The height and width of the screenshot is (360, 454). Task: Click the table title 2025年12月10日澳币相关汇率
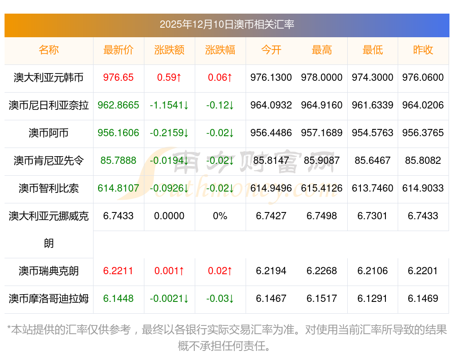coord(227,24)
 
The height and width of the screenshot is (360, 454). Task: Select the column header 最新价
coord(118,50)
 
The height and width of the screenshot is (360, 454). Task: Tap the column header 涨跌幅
coord(220,50)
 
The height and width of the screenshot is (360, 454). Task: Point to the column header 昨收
coord(423,50)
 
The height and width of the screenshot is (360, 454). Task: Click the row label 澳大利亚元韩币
coord(49,77)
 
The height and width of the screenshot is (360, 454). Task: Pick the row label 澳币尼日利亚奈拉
coord(49,105)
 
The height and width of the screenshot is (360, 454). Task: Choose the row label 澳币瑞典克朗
coord(49,271)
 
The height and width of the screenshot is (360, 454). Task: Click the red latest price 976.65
coord(118,77)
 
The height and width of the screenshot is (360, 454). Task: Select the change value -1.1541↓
coord(169,105)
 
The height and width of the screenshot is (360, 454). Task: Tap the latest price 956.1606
coord(118,133)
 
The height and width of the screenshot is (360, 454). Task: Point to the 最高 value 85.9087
coord(322,160)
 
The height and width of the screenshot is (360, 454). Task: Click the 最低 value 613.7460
coord(373,188)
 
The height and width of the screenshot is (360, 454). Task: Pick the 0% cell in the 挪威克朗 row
coord(220,216)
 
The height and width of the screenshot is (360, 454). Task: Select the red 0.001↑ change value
coord(169,271)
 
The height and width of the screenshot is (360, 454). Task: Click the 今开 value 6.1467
coord(271,298)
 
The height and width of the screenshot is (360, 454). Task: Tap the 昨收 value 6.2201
coord(423,271)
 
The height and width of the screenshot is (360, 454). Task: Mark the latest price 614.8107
coord(118,188)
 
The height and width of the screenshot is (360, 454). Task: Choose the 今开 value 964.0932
coord(271,105)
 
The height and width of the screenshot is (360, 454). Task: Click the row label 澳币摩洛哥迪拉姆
coord(49,298)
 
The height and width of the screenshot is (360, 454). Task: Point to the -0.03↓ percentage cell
coord(220,298)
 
